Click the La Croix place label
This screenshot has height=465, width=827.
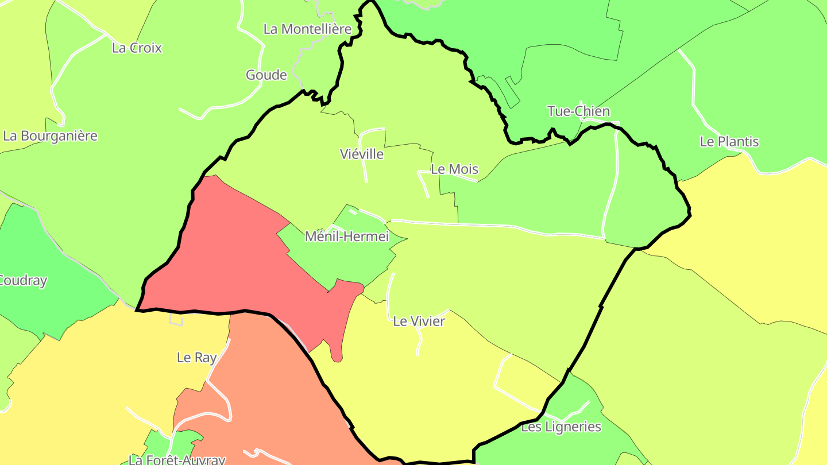(x=137, y=48)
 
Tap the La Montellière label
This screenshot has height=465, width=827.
(x=307, y=29)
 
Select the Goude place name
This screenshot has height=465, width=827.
(x=266, y=75)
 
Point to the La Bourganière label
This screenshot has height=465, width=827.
(x=50, y=136)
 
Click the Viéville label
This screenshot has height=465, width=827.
(x=361, y=154)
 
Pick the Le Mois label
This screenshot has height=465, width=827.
(x=454, y=169)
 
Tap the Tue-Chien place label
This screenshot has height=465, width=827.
(x=578, y=111)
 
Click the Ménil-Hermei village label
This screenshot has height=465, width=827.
(x=346, y=237)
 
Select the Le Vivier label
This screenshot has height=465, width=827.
(x=419, y=321)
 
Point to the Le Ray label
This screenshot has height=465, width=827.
(x=196, y=358)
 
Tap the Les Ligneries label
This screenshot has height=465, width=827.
(x=561, y=427)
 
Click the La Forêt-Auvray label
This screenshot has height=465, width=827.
(x=177, y=459)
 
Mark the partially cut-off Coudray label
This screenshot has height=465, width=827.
(x=23, y=281)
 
